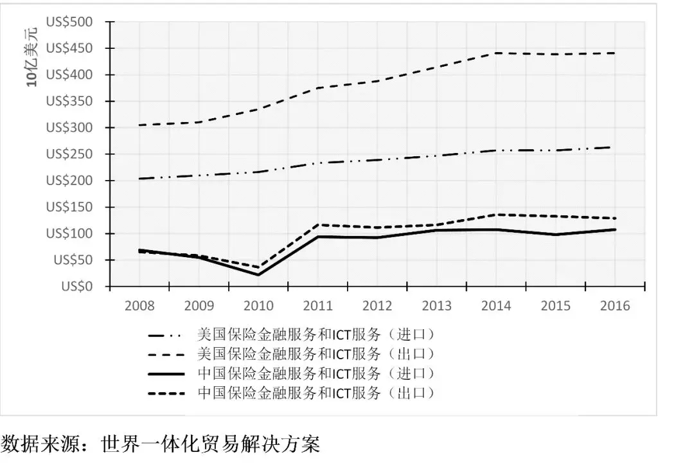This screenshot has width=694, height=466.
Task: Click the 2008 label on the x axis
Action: [x=139, y=306]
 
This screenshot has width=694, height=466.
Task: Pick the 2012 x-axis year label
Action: [x=377, y=306]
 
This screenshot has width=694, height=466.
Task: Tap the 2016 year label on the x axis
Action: [x=615, y=306]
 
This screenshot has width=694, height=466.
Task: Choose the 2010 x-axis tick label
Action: [x=258, y=306]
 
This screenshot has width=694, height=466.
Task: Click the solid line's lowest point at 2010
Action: [x=258, y=275]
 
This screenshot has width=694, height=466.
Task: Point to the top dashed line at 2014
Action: [x=496, y=53]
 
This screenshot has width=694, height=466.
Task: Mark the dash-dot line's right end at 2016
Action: [x=615, y=147]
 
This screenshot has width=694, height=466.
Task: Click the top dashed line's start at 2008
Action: [x=139, y=125]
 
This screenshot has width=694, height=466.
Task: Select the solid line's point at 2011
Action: [x=317, y=237]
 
